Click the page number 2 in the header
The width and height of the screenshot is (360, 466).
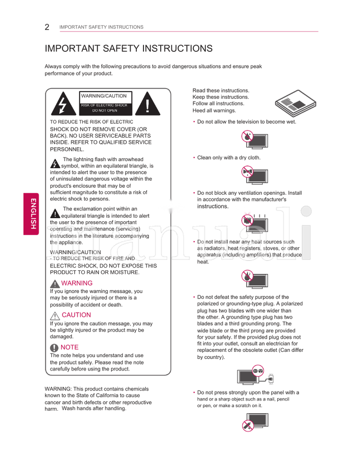(47, 27)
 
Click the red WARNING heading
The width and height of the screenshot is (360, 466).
(76, 283)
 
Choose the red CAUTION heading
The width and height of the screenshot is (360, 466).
(76, 315)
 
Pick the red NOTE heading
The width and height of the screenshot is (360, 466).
(69, 347)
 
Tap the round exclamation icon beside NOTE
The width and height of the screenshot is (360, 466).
(54, 348)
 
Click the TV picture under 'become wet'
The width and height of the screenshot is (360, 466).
(255, 138)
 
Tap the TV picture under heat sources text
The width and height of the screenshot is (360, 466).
(255, 278)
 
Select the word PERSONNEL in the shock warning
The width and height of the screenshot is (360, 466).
(67, 149)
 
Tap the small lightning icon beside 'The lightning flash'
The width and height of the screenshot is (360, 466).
(55, 163)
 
